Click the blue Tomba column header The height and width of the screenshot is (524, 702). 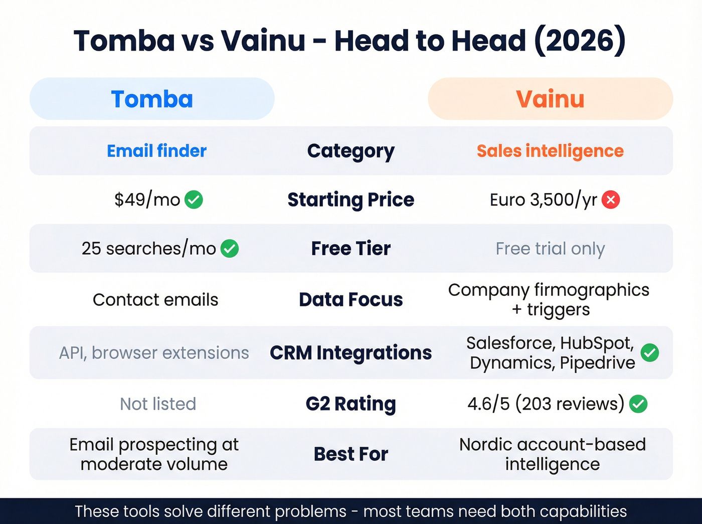pyautogui.click(x=152, y=99)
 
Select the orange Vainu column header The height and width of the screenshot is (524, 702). pyautogui.click(x=550, y=99)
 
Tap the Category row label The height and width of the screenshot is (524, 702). pyautogui.click(x=350, y=151)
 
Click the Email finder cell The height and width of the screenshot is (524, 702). pyautogui.click(x=156, y=151)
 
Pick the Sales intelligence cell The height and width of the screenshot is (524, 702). pyautogui.click(x=550, y=151)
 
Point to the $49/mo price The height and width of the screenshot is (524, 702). pyautogui.click(x=147, y=200)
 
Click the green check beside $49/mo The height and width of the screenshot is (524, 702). pyautogui.click(x=194, y=200)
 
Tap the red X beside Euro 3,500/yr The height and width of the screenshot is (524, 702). pyautogui.click(x=611, y=200)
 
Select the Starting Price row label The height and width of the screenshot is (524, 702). pyautogui.click(x=350, y=200)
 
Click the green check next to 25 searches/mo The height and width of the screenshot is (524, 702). pyautogui.click(x=230, y=248)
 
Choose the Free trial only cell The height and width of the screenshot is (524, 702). pyautogui.click(x=550, y=248)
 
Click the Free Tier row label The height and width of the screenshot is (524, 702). pyautogui.click(x=350, y=248)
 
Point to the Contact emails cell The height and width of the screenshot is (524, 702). pyautogui.click(x=155, y=300)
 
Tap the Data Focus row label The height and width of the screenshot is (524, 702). pyautogui.click(x=350, y=300)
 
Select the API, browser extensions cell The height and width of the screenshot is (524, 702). pyautogui.click(x=154, y=353)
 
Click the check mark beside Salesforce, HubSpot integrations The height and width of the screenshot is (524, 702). pyautogui.click(x=650, y=353)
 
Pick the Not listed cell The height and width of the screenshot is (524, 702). pyautogui.click(x=158, y=404)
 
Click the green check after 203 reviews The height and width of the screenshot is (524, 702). pyautogui.click(x=638, y=404)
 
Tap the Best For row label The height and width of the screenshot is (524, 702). pyautogui.click(x=350, y=454)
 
